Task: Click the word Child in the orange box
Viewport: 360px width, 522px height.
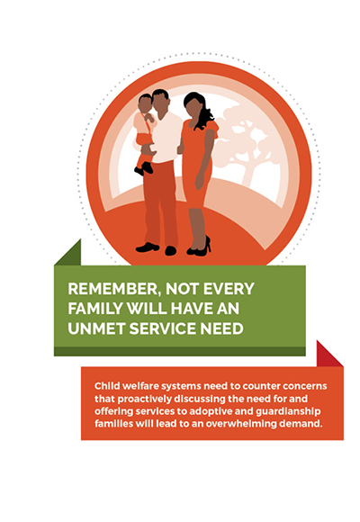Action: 106,386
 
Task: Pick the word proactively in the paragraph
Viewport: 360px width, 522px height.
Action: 145,400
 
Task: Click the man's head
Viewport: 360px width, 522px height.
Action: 160,101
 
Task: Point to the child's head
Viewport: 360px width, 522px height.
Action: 145,103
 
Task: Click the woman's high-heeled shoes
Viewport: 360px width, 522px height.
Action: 199,247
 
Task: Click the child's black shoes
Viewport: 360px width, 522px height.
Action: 143,169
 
